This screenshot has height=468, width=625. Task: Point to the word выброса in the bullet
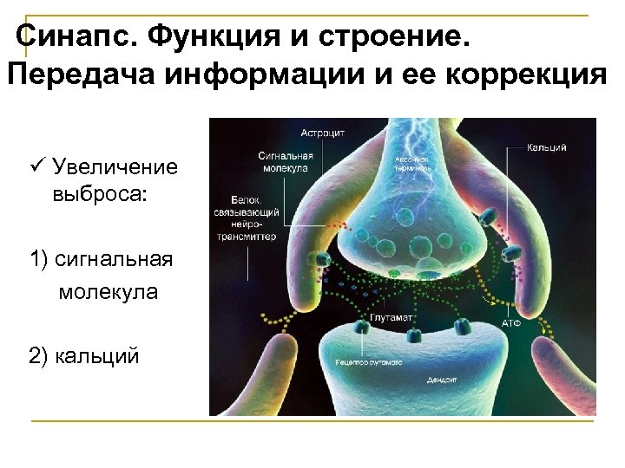click(100, 192)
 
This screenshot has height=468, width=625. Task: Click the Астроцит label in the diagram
click(323, 133)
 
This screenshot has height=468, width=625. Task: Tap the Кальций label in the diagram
click(546, 147)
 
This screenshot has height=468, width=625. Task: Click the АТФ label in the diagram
click(511, 322)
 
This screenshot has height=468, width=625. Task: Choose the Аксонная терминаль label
click(413, 164)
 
